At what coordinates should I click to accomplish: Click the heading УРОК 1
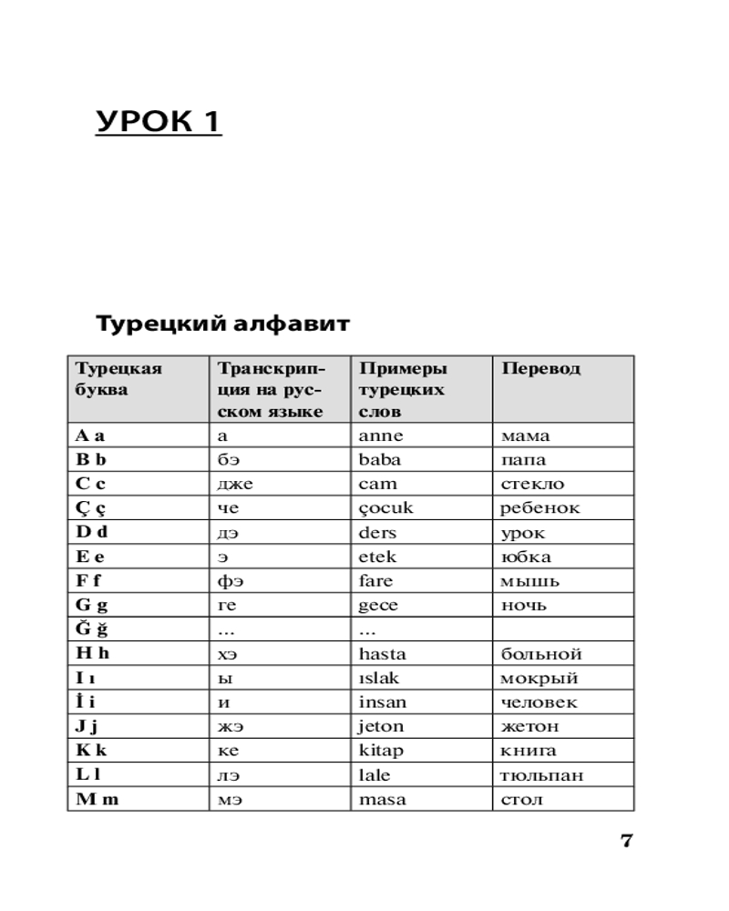[159, 121]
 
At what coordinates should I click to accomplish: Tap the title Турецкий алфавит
[223, 323]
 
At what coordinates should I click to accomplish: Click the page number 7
[626, 841]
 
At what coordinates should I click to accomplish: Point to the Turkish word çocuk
[386, 508]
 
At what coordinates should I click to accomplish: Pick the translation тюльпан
[542, 776]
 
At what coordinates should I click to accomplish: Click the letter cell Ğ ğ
[91, 630]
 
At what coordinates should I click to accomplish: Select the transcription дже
[235, 484]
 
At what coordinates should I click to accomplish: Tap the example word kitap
[381, 752]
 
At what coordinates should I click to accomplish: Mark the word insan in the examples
[383, 702]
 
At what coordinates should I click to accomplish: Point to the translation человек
[539, 702]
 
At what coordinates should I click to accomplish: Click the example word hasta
[383, 654]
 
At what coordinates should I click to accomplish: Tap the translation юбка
[526, 557]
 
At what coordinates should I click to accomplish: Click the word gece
[379, 606]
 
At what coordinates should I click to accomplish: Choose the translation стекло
[532, 484]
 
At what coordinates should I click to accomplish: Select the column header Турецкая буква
[118, 379]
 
